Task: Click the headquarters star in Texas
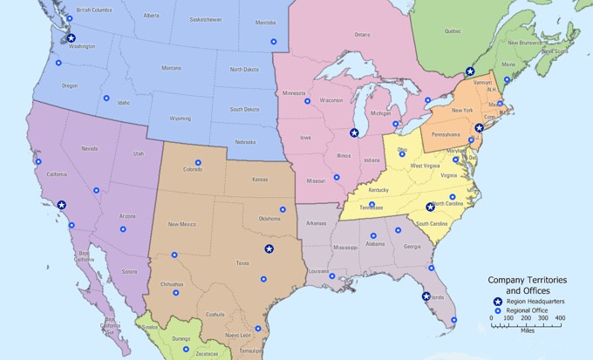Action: tap(269, 249)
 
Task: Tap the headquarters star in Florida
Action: tap(425, 296)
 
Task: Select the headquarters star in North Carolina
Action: tap(430, 207)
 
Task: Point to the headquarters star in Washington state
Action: tap(72, 37)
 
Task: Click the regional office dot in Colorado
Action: tap(198, 162)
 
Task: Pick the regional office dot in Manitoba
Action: tap(272, 41)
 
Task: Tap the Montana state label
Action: tap(171, 68)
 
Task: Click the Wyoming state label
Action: tap(181, 118)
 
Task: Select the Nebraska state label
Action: tap(246, 142)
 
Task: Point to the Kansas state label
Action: tap(260, 180)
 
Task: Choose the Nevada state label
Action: tap(89, 149)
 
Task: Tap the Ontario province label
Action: tap(362, 35)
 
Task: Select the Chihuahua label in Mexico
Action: tap(172, 284)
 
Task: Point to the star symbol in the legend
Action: tap(497, 301)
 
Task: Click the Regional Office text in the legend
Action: tap(526, 310)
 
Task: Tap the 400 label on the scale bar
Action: tap(560, 319)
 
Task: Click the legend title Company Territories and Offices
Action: tap(526, 285)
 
